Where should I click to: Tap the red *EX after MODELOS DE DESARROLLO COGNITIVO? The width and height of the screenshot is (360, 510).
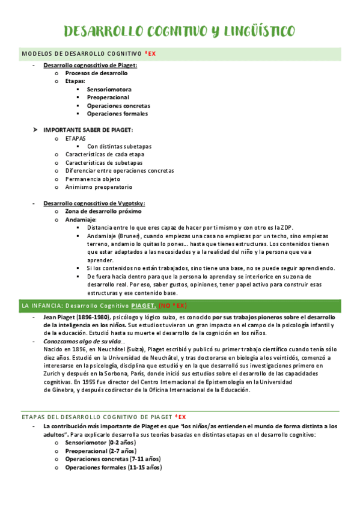pyautogui.click(x=151, y=54)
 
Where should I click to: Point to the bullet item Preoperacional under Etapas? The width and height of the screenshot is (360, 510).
pyautogui.click(x=108, y=97)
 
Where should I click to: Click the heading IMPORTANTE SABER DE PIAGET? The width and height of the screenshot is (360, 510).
pyautogui.click(x=88, y=130)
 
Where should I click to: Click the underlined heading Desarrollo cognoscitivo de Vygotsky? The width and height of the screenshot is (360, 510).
pyautogui.click(x=94, y=203)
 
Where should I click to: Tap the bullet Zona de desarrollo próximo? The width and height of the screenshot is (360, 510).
pyautogui.click(x=103, y=212)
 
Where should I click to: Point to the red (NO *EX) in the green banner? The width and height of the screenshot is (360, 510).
pyautogui.click(x=173, y=306)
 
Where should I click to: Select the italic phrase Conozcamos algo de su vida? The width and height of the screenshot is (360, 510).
pyautogui.click(x=82, y=341)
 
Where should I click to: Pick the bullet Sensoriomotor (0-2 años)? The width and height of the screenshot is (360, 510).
pyautogui.click(x=100, y=443)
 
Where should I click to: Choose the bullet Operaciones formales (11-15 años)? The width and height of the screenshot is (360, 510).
pyautogui.click(x=113, y=467)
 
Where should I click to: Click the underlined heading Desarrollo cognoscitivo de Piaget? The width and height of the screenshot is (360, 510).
pyautogui.click(x=90, y=65)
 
